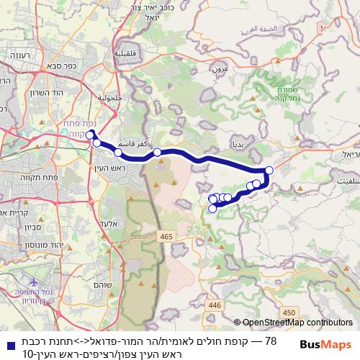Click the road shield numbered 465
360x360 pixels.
pos(167,235)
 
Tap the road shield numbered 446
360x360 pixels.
pos(214,305)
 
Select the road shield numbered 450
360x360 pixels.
pos(289,311)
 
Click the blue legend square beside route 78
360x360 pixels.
pos(6,341)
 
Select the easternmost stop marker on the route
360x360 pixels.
pos(269,171)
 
